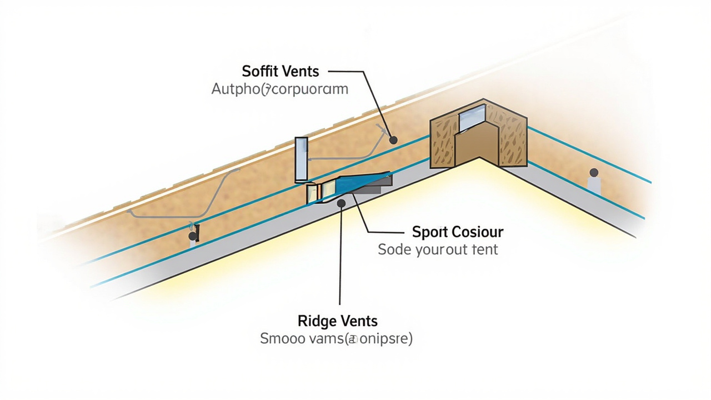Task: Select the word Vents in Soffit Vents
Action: [x=300, y=71]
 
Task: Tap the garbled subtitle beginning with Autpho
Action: [x=279, y=89]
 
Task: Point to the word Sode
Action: [x=394, y=249]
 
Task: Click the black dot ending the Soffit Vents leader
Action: [x=393, y=140]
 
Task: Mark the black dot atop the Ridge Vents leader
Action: [x=341, y=203]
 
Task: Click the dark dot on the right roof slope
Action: [x=594, y=173]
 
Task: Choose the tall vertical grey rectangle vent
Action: [x=302, y=159]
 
